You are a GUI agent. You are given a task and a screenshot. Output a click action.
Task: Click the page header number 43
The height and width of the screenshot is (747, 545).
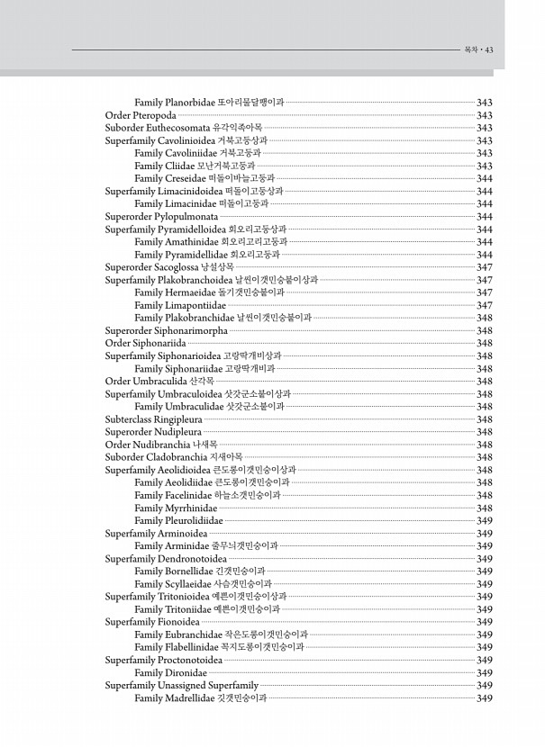point(489,49)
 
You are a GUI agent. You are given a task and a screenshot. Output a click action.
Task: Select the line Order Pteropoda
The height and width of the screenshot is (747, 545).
point(141,115)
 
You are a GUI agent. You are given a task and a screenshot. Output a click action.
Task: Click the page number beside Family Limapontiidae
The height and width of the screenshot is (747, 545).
point(484,305)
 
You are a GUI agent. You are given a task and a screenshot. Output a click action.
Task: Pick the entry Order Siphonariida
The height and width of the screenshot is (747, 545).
point(146,343)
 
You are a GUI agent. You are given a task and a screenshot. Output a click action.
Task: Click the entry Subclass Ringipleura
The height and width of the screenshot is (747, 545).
point(153,418)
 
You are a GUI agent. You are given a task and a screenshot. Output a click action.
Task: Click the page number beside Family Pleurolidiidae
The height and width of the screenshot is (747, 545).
point(484,520)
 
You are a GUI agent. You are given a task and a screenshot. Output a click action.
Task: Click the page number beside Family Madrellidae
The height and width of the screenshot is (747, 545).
point(484,697)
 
